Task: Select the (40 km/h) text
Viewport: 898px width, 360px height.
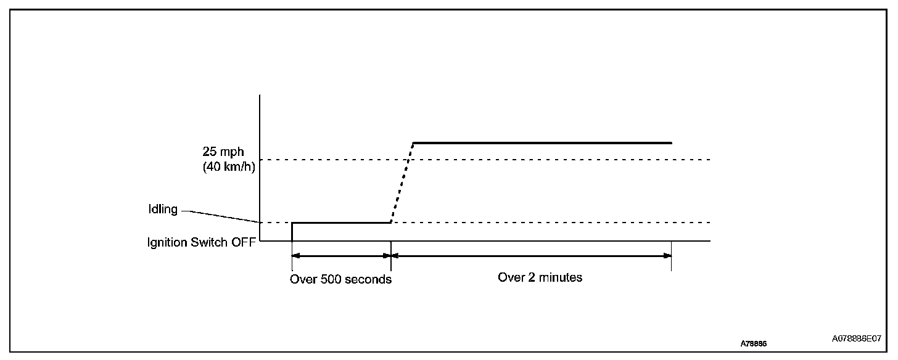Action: pyautogui.click(x=229, y=166)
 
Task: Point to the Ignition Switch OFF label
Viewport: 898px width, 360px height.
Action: pyautogui.click(x=201, y=242)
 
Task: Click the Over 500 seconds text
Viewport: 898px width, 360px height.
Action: pyautogui.click(x=340, y=279)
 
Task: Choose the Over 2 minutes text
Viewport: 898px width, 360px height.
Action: pyautogui.click(x=540, y=277)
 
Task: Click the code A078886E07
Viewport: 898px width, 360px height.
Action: pyautogui.click(x=856, y=339)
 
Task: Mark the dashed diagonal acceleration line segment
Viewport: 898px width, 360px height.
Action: pyautogui.click(x=402, y=182)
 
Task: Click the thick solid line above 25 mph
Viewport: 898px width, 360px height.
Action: pyautogui.click(x=543, y=143)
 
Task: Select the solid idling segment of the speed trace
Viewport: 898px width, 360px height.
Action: pyautogui.click(x=341, y=223)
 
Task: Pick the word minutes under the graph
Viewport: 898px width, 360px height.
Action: pyautogui.click(x=561, y=277)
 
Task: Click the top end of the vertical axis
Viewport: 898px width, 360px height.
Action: pyautogui.click(x=260, y=96)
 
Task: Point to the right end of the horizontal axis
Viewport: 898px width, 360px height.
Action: pyautogui.click(x=709, y=240)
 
